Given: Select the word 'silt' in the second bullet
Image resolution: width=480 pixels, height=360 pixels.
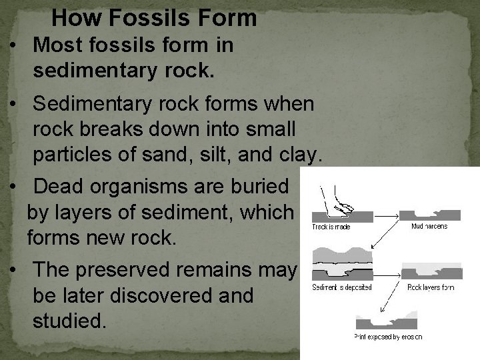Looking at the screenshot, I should tap(231, 155).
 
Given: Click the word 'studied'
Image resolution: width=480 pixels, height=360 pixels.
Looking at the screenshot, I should tap(69, 321).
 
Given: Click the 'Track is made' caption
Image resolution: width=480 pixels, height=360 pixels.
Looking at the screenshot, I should tap(331, 227).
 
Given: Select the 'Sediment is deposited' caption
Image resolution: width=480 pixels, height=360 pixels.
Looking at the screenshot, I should tap(342, 287).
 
